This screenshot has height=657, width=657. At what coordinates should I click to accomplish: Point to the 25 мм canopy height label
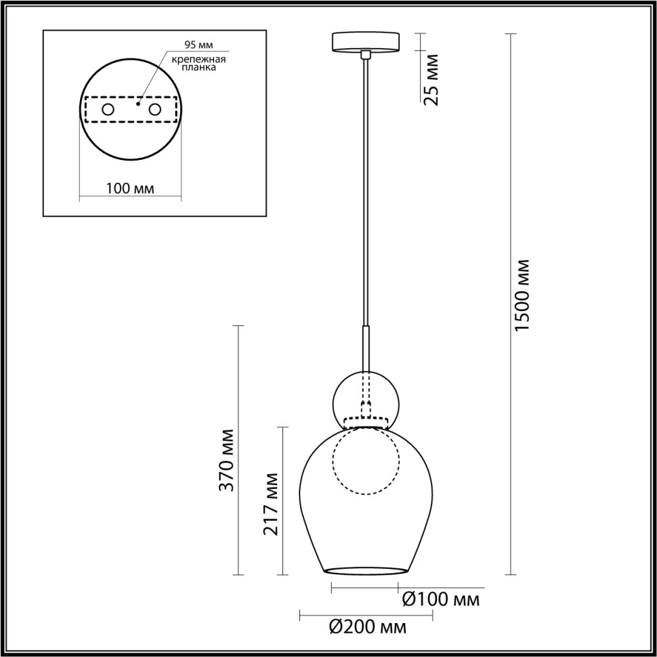tap(431, 79)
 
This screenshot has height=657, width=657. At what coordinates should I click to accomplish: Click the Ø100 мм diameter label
tap(441, 599)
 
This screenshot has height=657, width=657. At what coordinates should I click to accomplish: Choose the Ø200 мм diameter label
tap(368, 627)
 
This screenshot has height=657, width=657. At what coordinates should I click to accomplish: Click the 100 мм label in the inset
tap(130, 188)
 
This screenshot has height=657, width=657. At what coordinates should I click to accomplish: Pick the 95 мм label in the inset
tap(198, 45)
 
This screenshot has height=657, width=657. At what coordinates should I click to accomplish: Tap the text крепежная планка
tap(198, 64)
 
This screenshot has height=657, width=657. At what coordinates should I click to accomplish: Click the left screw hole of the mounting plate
tap(108, 109)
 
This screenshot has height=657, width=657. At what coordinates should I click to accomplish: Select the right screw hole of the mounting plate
tap(155, 109)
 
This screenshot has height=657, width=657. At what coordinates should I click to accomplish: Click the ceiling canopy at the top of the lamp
tap(366, 41)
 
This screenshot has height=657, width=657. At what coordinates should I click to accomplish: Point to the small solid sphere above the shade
tap(366, 400)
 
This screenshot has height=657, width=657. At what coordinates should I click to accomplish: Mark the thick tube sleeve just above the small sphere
tap(366, 347)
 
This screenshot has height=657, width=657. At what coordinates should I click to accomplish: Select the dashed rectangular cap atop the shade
tap(366, 423)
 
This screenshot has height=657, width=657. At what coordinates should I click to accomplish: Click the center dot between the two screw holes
tap(137, 105)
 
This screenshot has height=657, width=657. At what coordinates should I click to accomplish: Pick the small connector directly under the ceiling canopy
tap(366, 54)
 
